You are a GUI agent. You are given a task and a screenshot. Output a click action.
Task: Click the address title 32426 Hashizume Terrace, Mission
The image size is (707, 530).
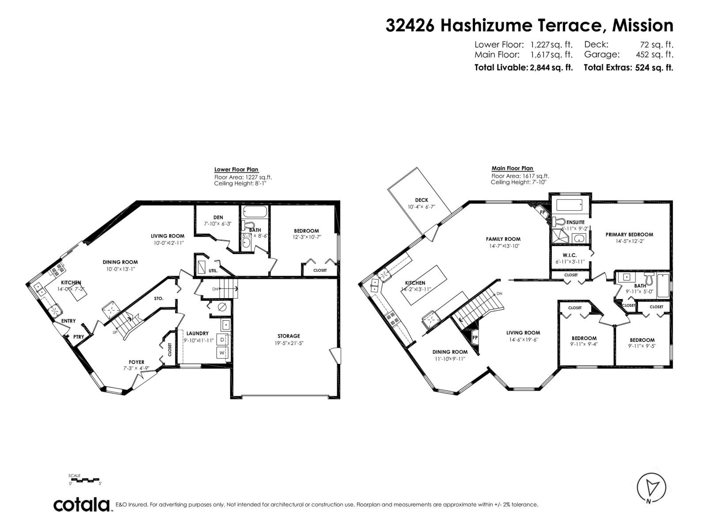pos(529,26)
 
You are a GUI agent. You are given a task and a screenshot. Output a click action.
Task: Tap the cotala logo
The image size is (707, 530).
pos(82,504)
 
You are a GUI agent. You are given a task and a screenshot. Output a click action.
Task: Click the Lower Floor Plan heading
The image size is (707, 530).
pos(236,170)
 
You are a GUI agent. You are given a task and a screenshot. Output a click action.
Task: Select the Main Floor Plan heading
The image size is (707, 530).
pos(512,168)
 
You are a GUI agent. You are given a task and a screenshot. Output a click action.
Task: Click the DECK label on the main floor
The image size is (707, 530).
pos(421,200)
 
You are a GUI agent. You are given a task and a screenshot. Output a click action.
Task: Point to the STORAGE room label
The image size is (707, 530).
pos(289,336)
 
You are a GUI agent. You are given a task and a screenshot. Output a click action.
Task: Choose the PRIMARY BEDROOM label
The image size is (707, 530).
pos(629,235)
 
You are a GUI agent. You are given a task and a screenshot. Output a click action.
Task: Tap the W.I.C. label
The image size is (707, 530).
pos(570,255)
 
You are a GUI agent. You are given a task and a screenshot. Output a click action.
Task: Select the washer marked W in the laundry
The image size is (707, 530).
pos(222,353)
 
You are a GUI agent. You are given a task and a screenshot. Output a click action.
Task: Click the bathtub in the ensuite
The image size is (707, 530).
pos(570,205)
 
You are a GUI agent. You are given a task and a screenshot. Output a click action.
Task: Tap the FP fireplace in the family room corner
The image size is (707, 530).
pos(542,212)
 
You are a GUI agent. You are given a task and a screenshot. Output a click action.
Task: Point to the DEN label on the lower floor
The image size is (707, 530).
pos(218,217)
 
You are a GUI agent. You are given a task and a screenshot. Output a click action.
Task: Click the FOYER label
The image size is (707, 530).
pos(137,362)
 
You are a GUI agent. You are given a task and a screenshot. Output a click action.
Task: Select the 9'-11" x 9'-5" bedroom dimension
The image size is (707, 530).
pos(642,346)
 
